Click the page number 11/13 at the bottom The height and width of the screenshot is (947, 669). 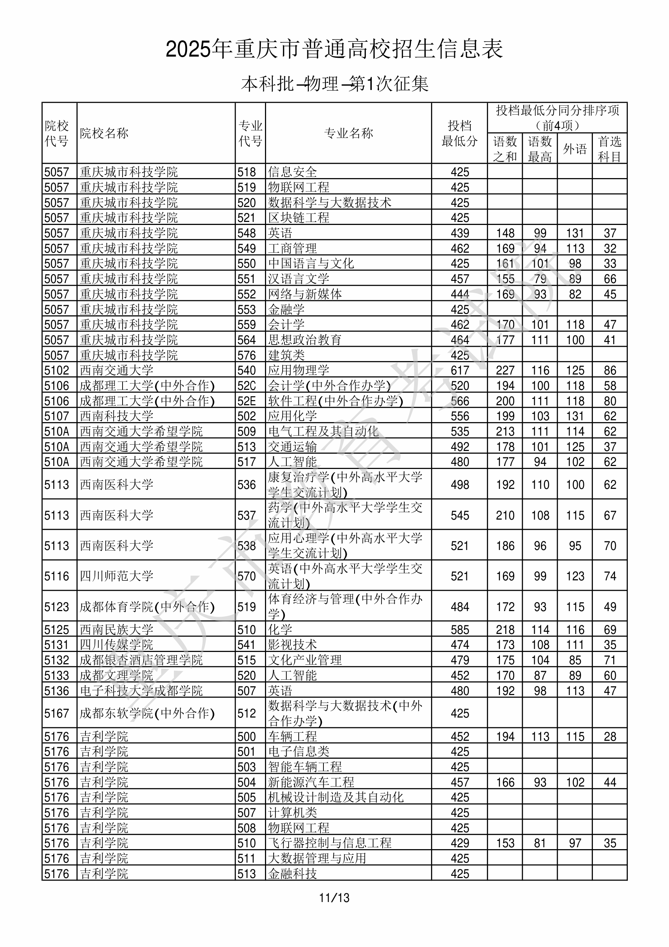(x=334, y=898)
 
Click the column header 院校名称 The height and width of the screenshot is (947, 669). (x=104, y=133)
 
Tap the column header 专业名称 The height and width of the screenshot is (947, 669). (x=349, y=133)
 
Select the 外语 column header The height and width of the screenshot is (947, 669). (x=575, y=149)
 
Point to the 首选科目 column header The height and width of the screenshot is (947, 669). (x=610, y=149)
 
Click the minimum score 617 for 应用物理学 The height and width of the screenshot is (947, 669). (x=460, y=370)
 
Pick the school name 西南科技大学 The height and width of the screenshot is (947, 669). (x=116, y=416)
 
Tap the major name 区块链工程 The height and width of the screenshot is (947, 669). (x=299, y=218)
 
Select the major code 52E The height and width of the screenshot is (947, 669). (x=247, y=401)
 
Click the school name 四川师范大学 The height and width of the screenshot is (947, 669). (x=116, y=576)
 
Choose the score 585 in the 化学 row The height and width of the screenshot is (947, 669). (x=460, y=630)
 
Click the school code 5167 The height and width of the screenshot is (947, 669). (x=57, y=713)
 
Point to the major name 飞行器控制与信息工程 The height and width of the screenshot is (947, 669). (x=329, y=843)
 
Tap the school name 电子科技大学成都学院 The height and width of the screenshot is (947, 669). (x=141, y=691)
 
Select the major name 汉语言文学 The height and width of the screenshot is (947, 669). (x=299, y=279)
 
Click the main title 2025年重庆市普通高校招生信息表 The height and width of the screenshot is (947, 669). (x=334, y=49)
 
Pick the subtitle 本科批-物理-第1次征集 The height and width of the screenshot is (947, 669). (x=334, y=84)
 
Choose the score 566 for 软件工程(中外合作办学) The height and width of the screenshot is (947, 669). (x=460, y=401)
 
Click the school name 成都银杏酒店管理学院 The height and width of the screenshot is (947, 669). (x=141, y=660)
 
